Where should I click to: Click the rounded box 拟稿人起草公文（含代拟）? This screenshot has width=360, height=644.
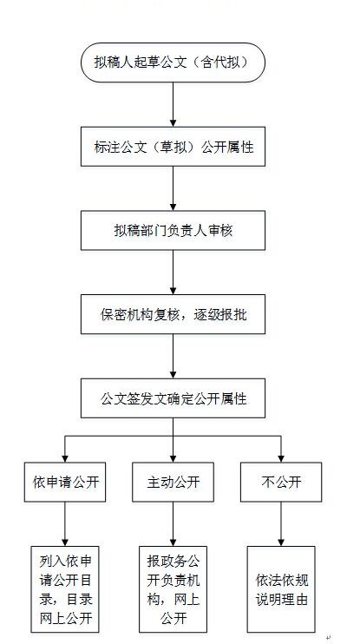[x=173, y=62]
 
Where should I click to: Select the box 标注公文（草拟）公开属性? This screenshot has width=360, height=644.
[x=173, y=147]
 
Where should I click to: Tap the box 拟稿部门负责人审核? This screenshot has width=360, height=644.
[x=173, y=230]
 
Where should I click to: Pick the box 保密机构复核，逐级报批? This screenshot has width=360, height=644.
[x=173, y=314]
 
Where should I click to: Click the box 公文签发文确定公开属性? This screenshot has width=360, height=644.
[x=173, y=398]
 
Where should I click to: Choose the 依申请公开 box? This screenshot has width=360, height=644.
[x=65, y=482]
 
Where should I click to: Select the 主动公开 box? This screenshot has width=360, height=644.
[x=173, y=482]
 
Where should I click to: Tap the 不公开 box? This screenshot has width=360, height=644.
[x=281, y=482]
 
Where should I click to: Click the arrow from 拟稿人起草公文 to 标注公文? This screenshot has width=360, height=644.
[x=173, y=105]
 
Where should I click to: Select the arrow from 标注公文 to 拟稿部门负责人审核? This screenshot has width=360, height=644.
[x=173, y=188]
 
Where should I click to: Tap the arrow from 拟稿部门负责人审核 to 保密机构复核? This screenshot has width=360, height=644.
[x=173, y=273]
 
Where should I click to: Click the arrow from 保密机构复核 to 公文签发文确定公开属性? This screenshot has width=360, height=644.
[x=173, y=356]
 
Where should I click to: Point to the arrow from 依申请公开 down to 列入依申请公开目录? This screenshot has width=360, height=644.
[x=65, y=524]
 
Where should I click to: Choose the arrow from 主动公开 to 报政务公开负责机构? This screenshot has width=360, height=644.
[x=173, y=524]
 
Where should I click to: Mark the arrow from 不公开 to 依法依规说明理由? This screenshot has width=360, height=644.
[x=281, y=524]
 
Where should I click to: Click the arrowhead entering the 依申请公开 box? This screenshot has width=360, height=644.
[x=65, y=459]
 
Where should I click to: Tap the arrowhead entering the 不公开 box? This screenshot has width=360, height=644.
[x=281, y=459]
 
